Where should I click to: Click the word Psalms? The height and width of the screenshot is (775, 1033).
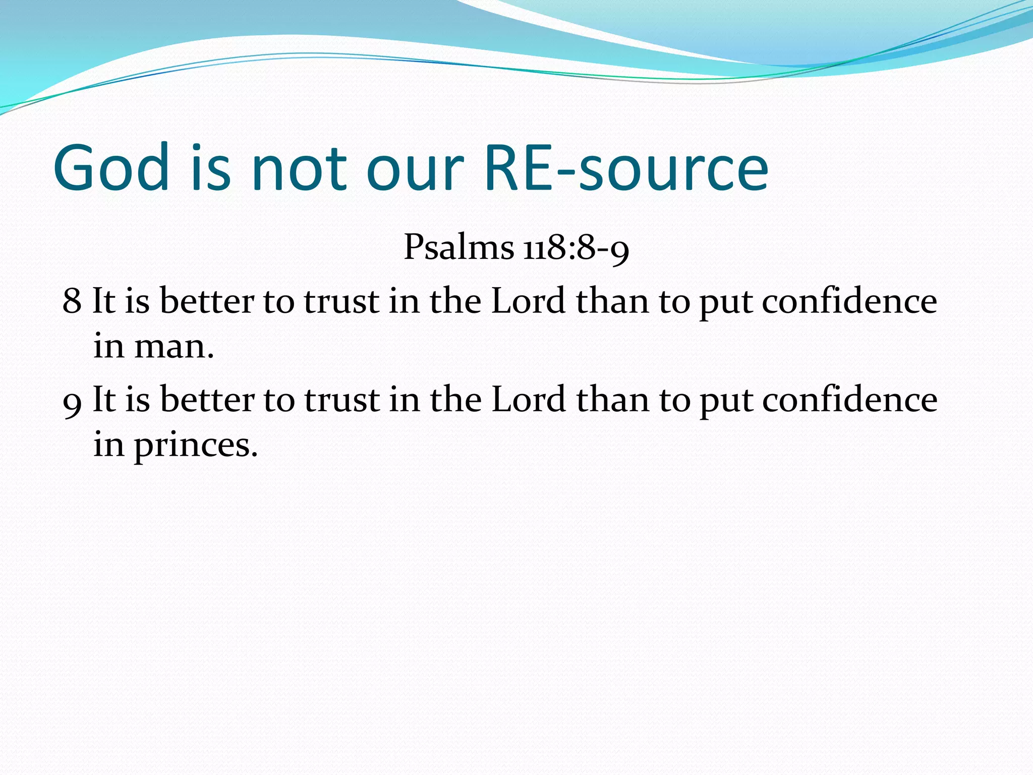coord(458,248)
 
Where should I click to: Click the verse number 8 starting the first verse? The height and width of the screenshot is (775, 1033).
coord(72,301)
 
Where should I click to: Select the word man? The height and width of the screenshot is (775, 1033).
coord(174,347)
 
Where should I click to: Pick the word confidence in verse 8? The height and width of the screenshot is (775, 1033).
coord(849,301)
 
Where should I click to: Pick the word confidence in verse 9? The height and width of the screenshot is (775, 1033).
coord(849,400)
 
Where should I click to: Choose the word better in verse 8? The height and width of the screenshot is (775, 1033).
coord(207,301)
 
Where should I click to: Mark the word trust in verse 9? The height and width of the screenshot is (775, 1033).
coord(341,400)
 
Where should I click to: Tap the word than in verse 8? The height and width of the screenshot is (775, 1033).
coord(612,301)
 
